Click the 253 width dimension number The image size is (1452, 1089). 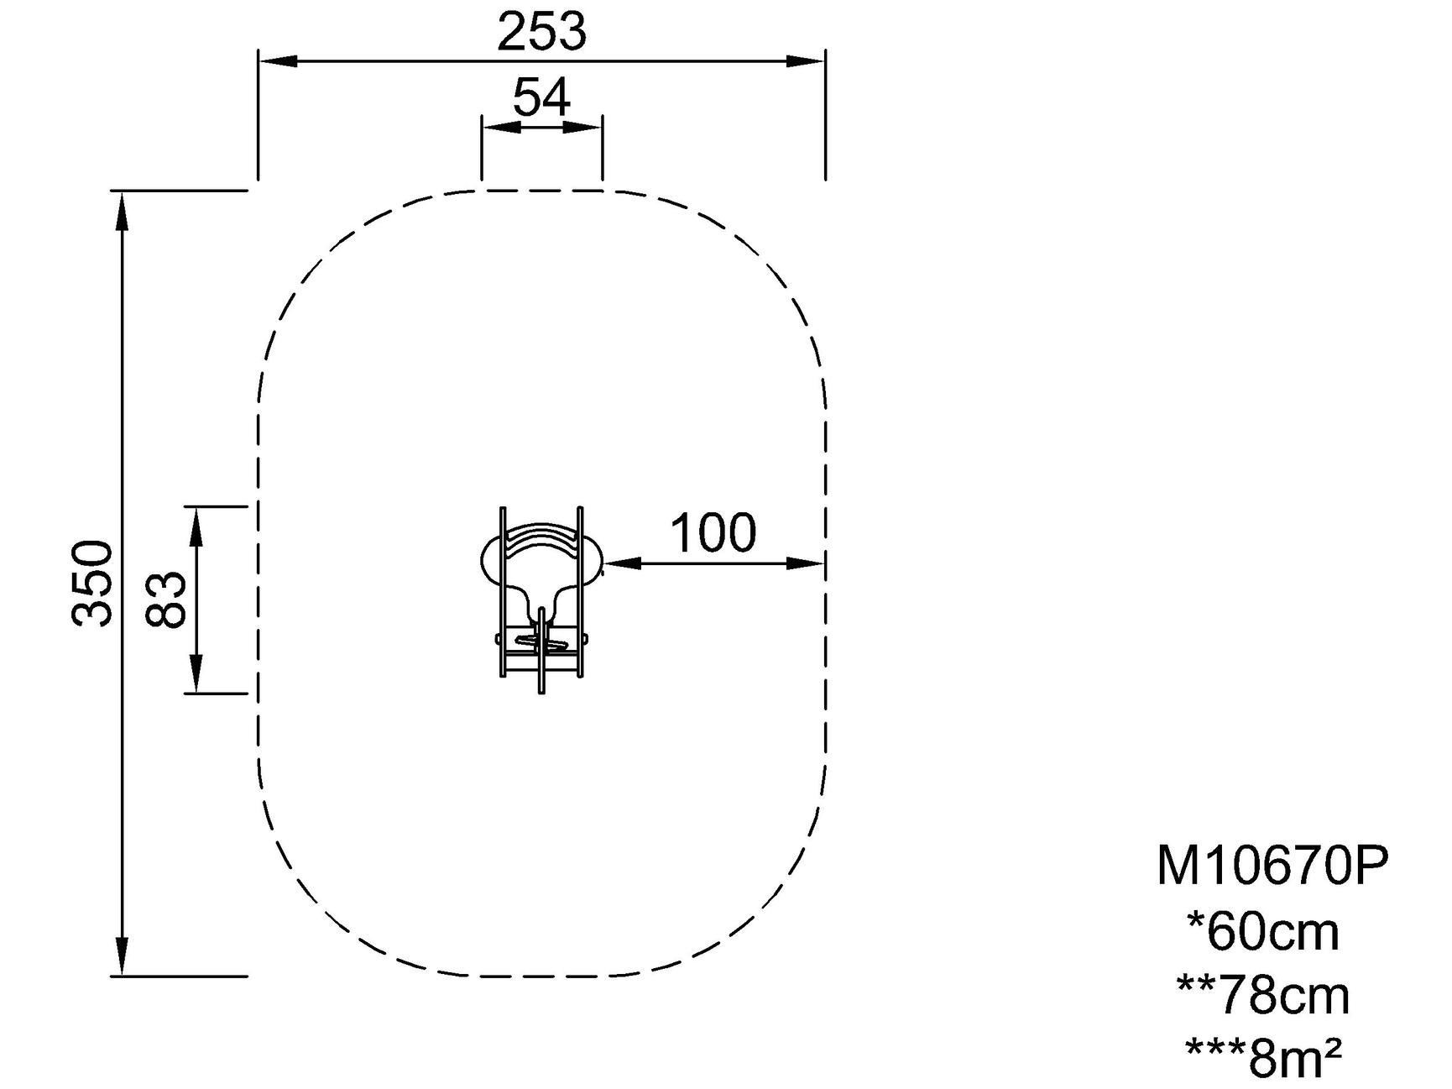(x=541, y=33)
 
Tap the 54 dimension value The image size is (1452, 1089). (x=541, y=97)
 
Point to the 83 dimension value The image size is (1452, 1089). (x=165, y=599)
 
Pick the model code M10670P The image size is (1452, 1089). (x=1272, y=866)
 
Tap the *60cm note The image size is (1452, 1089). (x=1263, y=932)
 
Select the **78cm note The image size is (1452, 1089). (x=1263, y=996)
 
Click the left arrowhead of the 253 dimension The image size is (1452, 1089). (x=278, y=60)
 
